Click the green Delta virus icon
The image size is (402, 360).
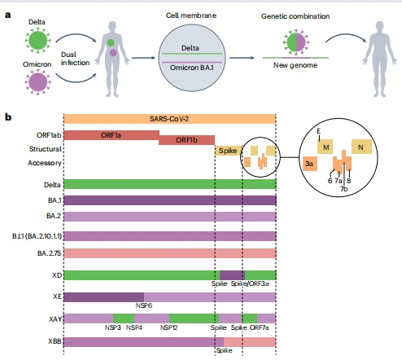pyautogui.click(x=37, y=41)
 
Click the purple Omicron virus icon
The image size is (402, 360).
pyautogui.click(x=37, y=82)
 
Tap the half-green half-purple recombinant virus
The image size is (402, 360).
pyautogui.click(x=296, y=42)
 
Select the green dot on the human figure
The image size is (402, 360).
pyautogui.click(x=111, y=42)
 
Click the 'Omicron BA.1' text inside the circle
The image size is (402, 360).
pyautogui.click(x=192, y=68)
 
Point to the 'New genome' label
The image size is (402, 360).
pyautogui.click(x=295, y=65)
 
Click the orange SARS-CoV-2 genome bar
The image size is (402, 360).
pyautogui.click(x=169, y=119)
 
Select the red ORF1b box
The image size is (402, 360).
pyautogui.click(x=186, y=140)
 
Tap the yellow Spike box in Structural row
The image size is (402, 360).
pyautogui.click(x=228, y=151)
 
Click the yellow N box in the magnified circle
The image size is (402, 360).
pyautogui.click(x=361, y=147)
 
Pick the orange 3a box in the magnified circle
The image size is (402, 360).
pyautogui.click(x=310, y=164)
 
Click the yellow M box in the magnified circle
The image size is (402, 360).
pyautogui.click(x=325, y=147)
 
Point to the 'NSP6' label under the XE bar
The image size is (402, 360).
pyautogui.click(x=144, y=305)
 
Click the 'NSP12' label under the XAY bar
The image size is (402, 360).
pyautogui.click(x=168, y=327)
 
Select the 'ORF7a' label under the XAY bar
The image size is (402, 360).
pyautogui.click(x=259, y=327)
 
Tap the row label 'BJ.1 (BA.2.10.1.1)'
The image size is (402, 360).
pyautogui.click(x=37, y=236)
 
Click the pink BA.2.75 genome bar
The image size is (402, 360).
pyautogui.click(x=170, y=253)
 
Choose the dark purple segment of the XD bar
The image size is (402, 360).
pyautogui.click(x=232, y=275)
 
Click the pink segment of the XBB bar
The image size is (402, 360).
pyautogui.click(x=250, y=342)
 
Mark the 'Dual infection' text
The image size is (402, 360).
pyautogui.click(x=75, y=59)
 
